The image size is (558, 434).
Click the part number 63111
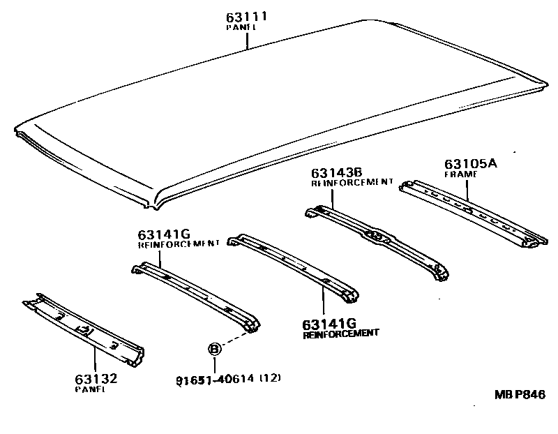click(x=247, y=16)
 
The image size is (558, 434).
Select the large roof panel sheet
click(x=279, y=112)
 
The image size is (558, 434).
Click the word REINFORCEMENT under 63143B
click(x=352, y=182)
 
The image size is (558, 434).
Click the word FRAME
click(x=460, y=174)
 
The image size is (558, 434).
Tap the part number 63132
click(x=96, y=379)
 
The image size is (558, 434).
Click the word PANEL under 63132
click(x=90, y=389)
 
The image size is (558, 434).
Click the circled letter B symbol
click(x=216, y=349)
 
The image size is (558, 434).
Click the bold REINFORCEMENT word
click(x=340, y=334)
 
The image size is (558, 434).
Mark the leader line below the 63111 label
click(x=247, y=40)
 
